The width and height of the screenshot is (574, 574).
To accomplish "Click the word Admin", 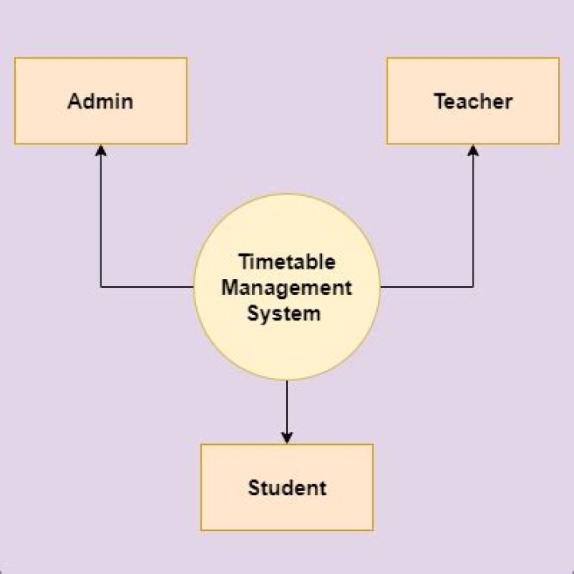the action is tap(100, 101).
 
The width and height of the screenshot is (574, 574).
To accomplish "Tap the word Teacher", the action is tap(473, 101).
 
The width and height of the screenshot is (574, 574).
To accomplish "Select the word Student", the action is tap(287, 488).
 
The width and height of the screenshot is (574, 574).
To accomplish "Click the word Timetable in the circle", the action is tap(287, 261).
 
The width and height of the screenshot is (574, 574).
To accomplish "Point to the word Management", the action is tap(287, 288).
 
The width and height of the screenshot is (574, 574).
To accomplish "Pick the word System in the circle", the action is tap(284, 314).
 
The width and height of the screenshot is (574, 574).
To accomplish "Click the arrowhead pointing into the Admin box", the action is tap(100, 150).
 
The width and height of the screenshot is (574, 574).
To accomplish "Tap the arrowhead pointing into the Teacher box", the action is tap(473, 150).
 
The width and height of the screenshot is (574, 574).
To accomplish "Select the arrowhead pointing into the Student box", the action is tap(287, 438).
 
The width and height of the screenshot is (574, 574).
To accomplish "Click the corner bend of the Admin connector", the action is tap(100, 287).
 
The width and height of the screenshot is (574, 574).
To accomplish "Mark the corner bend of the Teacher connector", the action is tap(473, 287).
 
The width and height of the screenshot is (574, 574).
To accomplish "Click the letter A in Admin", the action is tap(75, 101).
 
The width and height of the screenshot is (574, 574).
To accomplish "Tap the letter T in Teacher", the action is tap(440, 101).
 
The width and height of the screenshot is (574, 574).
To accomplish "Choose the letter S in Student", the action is tap(254, 488).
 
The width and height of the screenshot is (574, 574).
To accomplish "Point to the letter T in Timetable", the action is tap(246, 261).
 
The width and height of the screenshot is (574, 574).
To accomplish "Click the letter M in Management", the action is tap(230, 287).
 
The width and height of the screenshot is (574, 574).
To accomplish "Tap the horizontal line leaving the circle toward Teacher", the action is tap(427, 287).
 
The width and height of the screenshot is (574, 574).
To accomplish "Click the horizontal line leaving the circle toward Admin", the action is tap(147, 287).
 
